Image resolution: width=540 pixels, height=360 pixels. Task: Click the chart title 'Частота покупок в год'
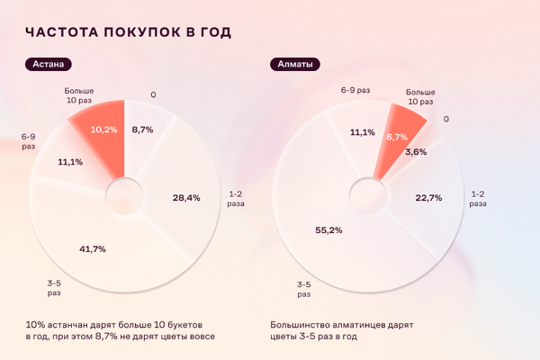(x=128, y=33)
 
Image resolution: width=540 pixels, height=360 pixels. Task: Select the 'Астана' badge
(x=49, y=65)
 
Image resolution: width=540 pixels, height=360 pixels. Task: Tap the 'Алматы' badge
(x=295, y=65)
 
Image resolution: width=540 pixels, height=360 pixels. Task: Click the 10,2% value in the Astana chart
(x=103, y=130)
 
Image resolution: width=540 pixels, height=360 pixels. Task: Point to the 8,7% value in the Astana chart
(x=142, y=130)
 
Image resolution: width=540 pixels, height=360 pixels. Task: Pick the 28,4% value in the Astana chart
(x=185, y=196)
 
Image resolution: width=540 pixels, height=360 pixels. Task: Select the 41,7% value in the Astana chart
(x=93, y=247)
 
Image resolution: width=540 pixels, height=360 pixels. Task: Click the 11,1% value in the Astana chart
(x=69, y=162)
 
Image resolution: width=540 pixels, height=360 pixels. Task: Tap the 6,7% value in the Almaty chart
(x=396, y=137)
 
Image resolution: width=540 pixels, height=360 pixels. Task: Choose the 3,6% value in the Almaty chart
(x=416, y=152)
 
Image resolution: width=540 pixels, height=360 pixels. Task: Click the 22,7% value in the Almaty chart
(x=428, y=198)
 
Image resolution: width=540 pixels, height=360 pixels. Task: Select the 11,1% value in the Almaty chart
(x=362, y=132)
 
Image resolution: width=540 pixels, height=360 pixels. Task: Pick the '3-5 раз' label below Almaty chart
(x=304, y=289)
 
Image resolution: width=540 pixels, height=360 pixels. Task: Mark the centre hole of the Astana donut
(x=125, y=193)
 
